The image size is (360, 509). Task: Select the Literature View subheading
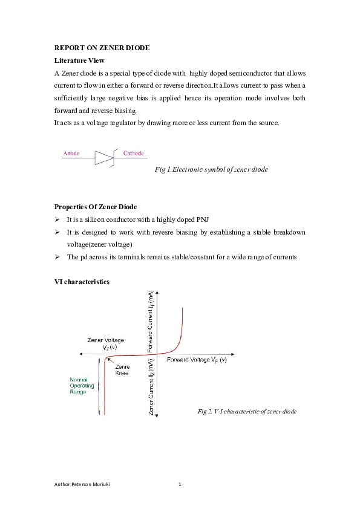pyautogui.click(x=79, y=60)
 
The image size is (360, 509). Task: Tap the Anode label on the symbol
pyautogui.click(x=71, y=154)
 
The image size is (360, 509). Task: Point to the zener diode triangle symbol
pyautogui.click(x=104, y=158)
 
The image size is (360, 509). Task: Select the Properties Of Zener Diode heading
pyautogui.click(x=95, y=207)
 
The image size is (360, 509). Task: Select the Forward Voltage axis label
pyautogui.click(x=197, y=360)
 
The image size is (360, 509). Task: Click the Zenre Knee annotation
pyautogui.click(x=122, y=371)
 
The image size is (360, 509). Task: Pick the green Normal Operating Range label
pyautogui.click(x=82, y=386)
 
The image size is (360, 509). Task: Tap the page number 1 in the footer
pyautogui.click(x=180, y=485)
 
